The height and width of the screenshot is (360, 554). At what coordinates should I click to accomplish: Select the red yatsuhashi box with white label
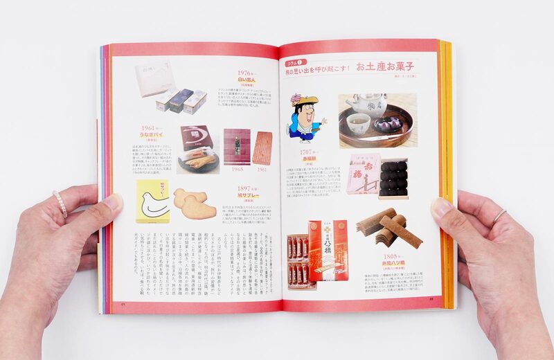tap(327, 249)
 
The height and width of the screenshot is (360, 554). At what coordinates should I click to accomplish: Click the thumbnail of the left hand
tap(112, 202)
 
